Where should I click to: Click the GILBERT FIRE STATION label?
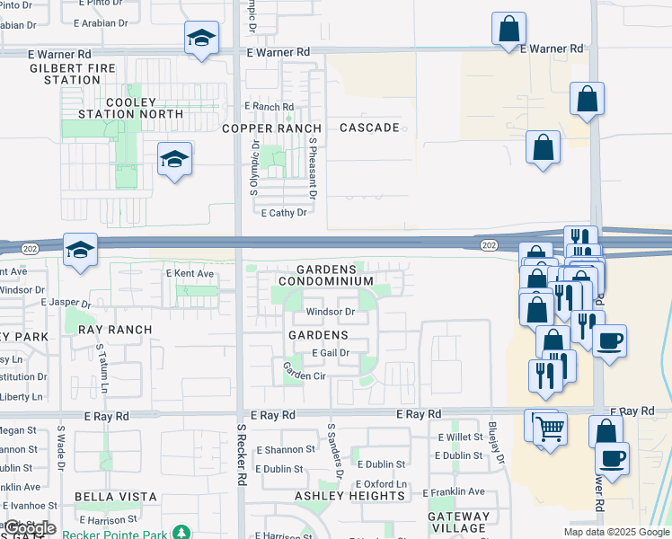pos(72,74)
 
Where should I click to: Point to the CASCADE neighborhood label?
pos(369,128)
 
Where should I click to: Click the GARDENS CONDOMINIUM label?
pos(325,275)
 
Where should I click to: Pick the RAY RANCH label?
pos(115,330)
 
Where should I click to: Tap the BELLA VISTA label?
pos(116,497)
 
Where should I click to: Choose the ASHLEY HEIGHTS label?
pos(350,496)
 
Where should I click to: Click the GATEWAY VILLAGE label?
pos(459,523)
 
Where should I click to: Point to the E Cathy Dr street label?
pos(284,213)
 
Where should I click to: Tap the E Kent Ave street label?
pos(190,273)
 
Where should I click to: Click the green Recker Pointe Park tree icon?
pos(181,533)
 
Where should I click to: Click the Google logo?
pos(30,528)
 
